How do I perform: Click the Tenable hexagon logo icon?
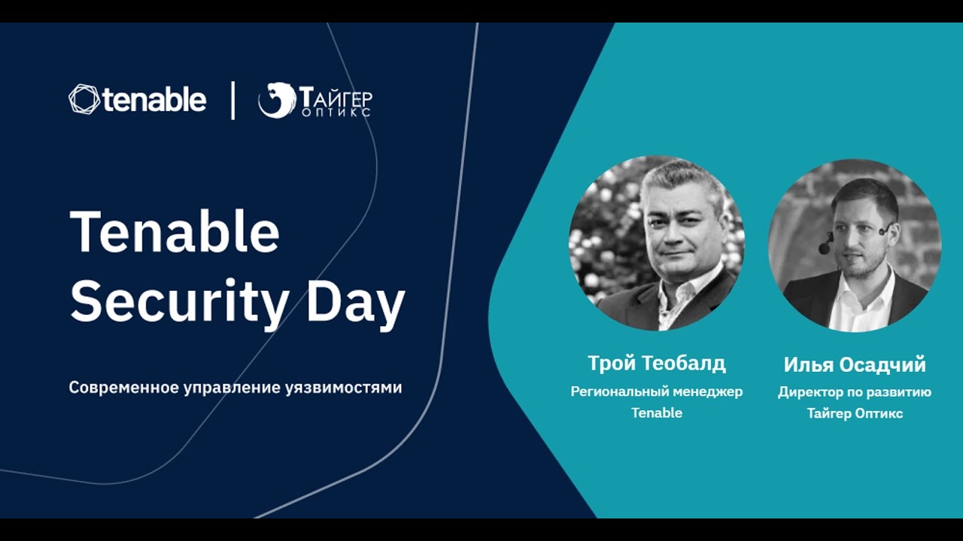pyautogui.click(x=84, y=99)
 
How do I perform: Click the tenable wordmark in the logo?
pyautogui.click(x=155, y=99)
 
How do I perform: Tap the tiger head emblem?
pyautogui.click(x=277, y=100)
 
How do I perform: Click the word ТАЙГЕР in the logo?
pyautogui.click(x=336, y=98)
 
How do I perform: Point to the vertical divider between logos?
pyautogui.click(x=233, y=100)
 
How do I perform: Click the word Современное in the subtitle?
pyautogui.click(x=124, y=388)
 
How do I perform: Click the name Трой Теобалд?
pyautogui.click(x=657, y=363)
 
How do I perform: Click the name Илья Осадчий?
pyautogui.click(x=855, y=364)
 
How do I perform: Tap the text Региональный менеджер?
pyautogui.click(x=657, y=391)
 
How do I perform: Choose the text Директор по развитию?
pyautogui.click(x=855, y=392)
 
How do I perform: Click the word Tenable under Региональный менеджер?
pyautogui.click(x=657, y=413)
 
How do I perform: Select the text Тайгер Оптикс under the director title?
pyautogui.click(x=855, y=413)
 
